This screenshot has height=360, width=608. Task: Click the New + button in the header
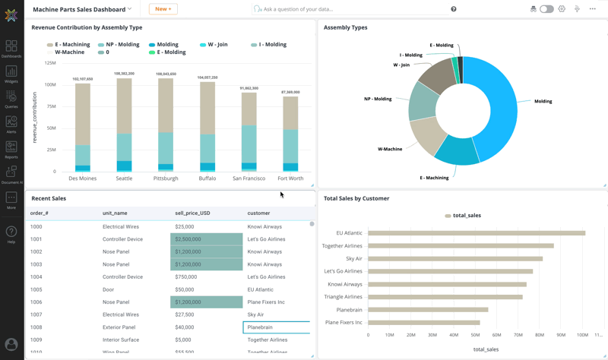coord(163,9)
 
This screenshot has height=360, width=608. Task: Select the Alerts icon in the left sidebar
coord(11,123)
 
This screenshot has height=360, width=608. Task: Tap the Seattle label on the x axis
coord(124,178)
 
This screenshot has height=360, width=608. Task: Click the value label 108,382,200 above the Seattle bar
coord(124,74)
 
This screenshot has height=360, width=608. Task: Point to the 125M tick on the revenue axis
coord(50,63)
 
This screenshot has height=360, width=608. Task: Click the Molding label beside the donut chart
coord(543,101)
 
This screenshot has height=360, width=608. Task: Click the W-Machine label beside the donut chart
coord(390,149)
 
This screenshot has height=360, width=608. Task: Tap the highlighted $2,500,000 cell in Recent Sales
coord(206,239)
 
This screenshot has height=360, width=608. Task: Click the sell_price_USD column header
coord(192,213)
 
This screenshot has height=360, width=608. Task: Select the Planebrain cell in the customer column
coord(276,327)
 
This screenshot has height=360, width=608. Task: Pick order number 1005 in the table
coord(36,289)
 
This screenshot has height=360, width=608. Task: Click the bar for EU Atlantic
coord(477,233)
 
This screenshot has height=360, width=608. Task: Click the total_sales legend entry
coord(463,216)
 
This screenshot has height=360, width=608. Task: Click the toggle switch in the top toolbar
coord(546,9)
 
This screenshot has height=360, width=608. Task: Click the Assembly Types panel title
coord(345,27)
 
